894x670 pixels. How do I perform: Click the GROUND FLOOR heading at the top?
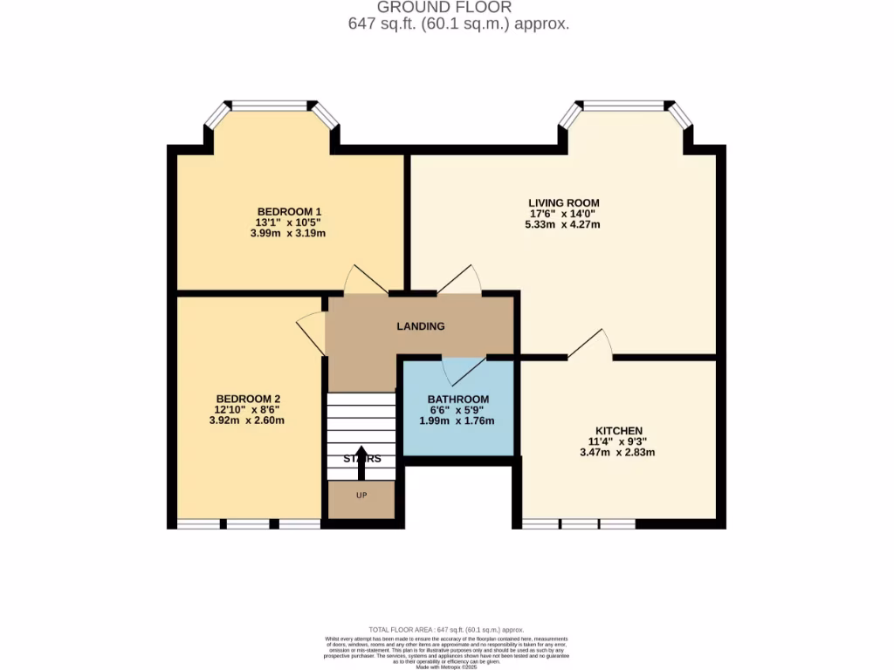pos(458,8)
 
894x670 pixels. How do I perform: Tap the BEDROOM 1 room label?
pos(289,212)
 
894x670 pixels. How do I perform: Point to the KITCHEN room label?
pos(619,431)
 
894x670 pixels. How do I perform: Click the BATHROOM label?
pos(457,400)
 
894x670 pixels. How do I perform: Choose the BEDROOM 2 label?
pos(248,399)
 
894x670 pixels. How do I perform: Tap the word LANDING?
pos(421,326)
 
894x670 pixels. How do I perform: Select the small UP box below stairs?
pos(361,496)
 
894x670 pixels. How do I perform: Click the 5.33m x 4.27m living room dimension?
pos(562,224)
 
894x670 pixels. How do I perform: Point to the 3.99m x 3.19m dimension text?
pos(289,233)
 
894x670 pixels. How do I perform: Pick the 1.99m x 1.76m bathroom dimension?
pos(457,420)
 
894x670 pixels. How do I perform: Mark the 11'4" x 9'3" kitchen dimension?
pos(619,441)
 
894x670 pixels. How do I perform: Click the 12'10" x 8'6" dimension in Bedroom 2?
pos(248,409)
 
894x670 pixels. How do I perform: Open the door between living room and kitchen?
pos(590,345)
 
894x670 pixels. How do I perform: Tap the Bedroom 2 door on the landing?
pos(311,332)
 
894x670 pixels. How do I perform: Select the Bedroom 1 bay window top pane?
pos(269,106)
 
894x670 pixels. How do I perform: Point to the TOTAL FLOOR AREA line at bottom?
pos(446,629)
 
